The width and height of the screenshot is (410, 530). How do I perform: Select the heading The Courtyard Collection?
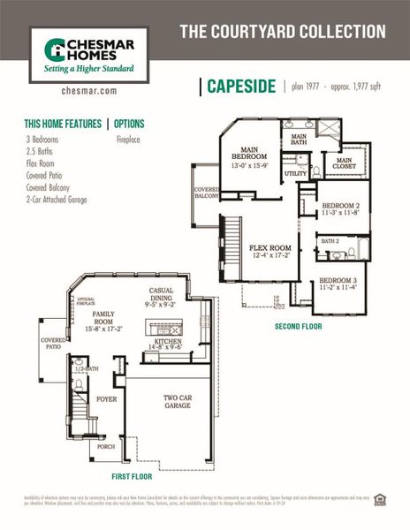coord(283,32)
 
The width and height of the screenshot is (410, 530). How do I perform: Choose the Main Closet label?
coord(343,164)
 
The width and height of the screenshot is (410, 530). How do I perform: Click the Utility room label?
coord(295,174)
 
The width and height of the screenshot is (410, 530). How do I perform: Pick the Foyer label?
coord(107,399)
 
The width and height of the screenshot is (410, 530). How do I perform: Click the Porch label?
coord(106,446)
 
